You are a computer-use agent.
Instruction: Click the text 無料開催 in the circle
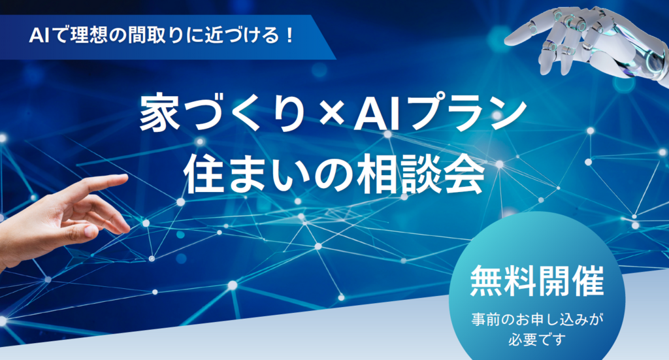537,281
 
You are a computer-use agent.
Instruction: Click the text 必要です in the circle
537,340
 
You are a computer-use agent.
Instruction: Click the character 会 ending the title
465,175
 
